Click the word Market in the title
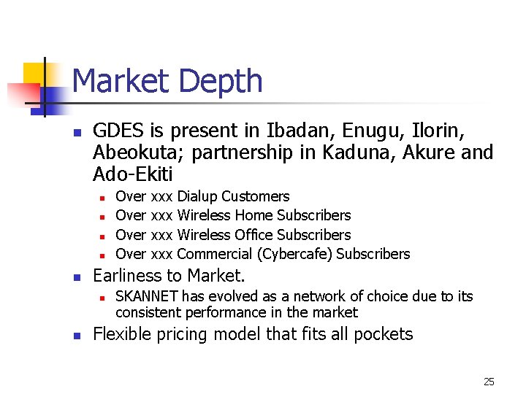tap(121, 80)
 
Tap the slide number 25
tap(489, 381)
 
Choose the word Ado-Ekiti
tap(132, 174)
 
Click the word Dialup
tap(197, 196)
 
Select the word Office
tap(256, 235)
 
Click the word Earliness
tap(129, 276)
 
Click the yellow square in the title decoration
tap(35, 73)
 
